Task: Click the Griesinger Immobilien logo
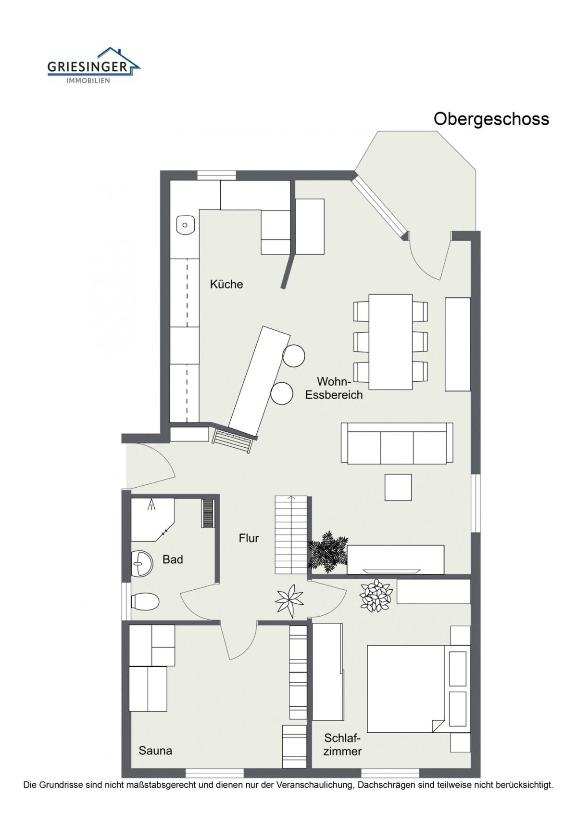tap(94, 65)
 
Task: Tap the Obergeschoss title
tap(491, 119)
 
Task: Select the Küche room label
tap(226, 284)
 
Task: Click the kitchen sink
tap(186, 225)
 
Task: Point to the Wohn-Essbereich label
tap(334, 388)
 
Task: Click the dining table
tap(390, 342)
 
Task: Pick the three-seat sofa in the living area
tap(397, 443)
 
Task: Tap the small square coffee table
tap(398, 487)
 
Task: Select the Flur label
tap(249, 538)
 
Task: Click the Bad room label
tap(173, 559)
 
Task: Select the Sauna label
tap(155, 751)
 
